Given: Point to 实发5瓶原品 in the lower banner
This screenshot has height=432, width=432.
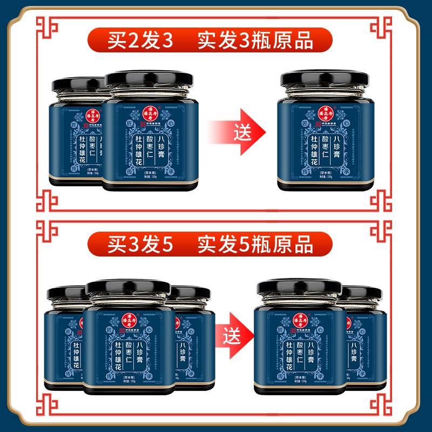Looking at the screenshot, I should pyautogui.click(x=255, y=246).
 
